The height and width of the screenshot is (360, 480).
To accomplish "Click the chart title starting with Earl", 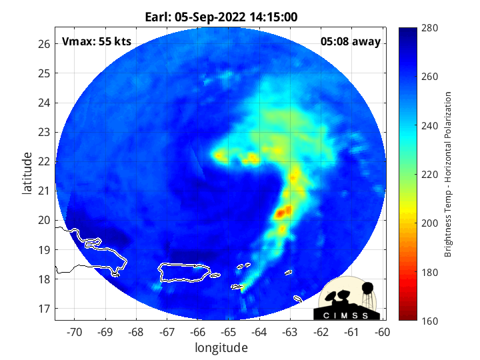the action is tap(221, 17).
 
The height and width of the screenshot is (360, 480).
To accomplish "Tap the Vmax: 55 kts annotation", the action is tap(97, 41).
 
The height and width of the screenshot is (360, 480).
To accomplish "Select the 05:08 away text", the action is tap(351, 41).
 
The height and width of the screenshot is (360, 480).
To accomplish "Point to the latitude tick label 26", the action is tap(44, 44).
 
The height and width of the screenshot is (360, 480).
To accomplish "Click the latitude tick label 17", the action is tap(44, 309).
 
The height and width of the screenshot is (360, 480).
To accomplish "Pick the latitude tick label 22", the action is tap(44, 161).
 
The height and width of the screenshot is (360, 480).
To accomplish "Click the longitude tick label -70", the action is tap(74, 332).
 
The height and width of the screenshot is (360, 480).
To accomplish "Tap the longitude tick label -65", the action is tap(229, 332).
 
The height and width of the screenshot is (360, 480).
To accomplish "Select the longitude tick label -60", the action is tap(383, 332).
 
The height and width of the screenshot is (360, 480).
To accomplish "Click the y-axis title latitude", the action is tap(27, 173).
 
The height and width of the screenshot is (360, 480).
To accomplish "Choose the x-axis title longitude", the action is tap(221, 348).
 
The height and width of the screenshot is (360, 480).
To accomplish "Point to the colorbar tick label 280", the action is tap(429, 28).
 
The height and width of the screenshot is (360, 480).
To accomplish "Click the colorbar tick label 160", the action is tap(429, 321).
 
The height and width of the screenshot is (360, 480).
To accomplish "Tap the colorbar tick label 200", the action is tap(429, 223).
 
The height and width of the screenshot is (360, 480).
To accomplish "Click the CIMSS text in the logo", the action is tap(346, 315).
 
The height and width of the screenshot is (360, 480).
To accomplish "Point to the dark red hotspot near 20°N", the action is tap(283, 212).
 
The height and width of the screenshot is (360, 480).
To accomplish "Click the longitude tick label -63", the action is tap(290, 332).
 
